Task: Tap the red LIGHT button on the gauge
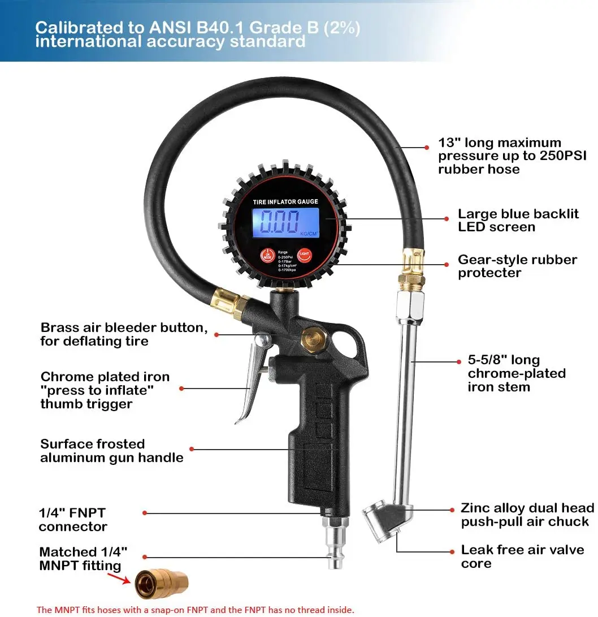305,255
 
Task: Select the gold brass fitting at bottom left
161,584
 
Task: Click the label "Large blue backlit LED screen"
518,221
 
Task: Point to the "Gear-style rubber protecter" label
517,266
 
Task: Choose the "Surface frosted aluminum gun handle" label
111,451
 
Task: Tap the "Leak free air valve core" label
522,556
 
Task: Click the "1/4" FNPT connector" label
73,520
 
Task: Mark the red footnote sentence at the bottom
195,610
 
